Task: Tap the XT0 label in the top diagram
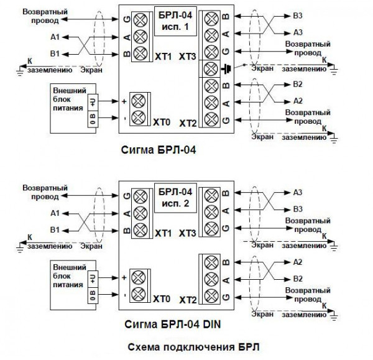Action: pos(162,123)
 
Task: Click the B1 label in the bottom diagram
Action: pos(55,230)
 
